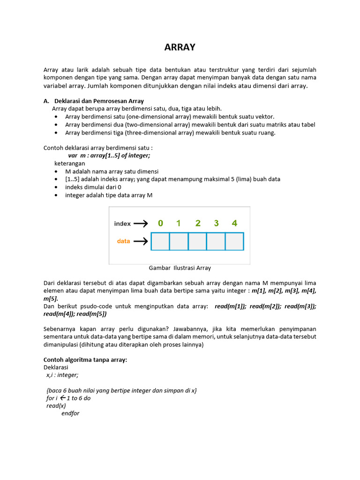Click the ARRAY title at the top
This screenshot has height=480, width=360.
[180, 47]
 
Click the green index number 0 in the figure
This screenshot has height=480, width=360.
[160, 223]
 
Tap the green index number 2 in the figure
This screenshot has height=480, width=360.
[198, 223]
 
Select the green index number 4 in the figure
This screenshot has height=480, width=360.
[234, 223]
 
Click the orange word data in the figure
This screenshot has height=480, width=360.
[123, 241]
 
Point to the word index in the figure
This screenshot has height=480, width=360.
[122, 224]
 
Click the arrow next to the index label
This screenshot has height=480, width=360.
[141, 224]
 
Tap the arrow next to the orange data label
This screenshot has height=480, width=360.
[141, 241]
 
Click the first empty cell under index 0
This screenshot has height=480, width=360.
[160, 241]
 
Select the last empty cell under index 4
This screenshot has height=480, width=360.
[234, 241]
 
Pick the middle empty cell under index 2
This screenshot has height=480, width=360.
[197, 241]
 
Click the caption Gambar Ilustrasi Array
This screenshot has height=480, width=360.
[180, 268]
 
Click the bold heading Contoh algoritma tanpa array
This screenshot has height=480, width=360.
[85, 360]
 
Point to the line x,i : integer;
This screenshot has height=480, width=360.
[62, 375]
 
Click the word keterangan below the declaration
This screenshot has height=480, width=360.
[70, 164]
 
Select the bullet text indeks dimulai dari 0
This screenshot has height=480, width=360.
[93, 187]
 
